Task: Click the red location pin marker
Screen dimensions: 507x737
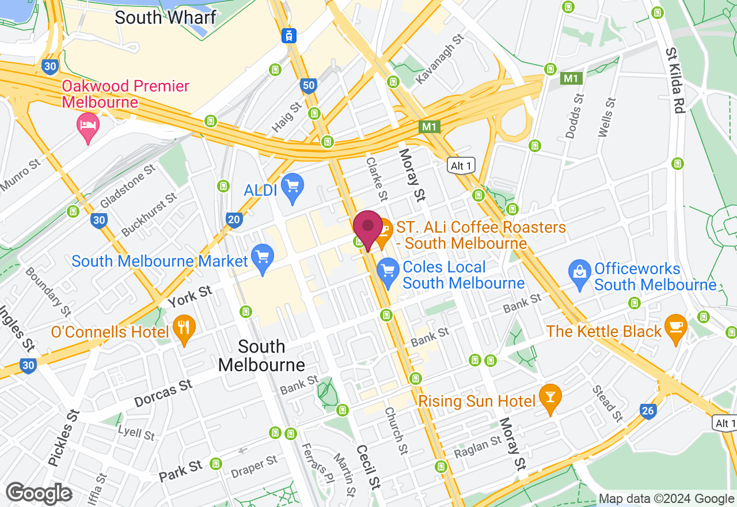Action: pos(367,228)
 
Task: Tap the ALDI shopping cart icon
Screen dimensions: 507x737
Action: pos(293,187)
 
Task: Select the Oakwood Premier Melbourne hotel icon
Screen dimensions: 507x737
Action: pos(88,126)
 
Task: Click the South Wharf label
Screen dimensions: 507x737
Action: pos(165,17)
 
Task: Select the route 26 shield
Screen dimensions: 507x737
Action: pos(648,411)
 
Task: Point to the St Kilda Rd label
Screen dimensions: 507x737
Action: pos(675,80)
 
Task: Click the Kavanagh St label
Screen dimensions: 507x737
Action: pos(439,59)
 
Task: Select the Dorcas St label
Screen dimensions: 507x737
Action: pos(164,393)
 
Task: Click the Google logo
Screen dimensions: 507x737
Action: pos(39,494)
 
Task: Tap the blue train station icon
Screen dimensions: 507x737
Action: pos(289,35)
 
